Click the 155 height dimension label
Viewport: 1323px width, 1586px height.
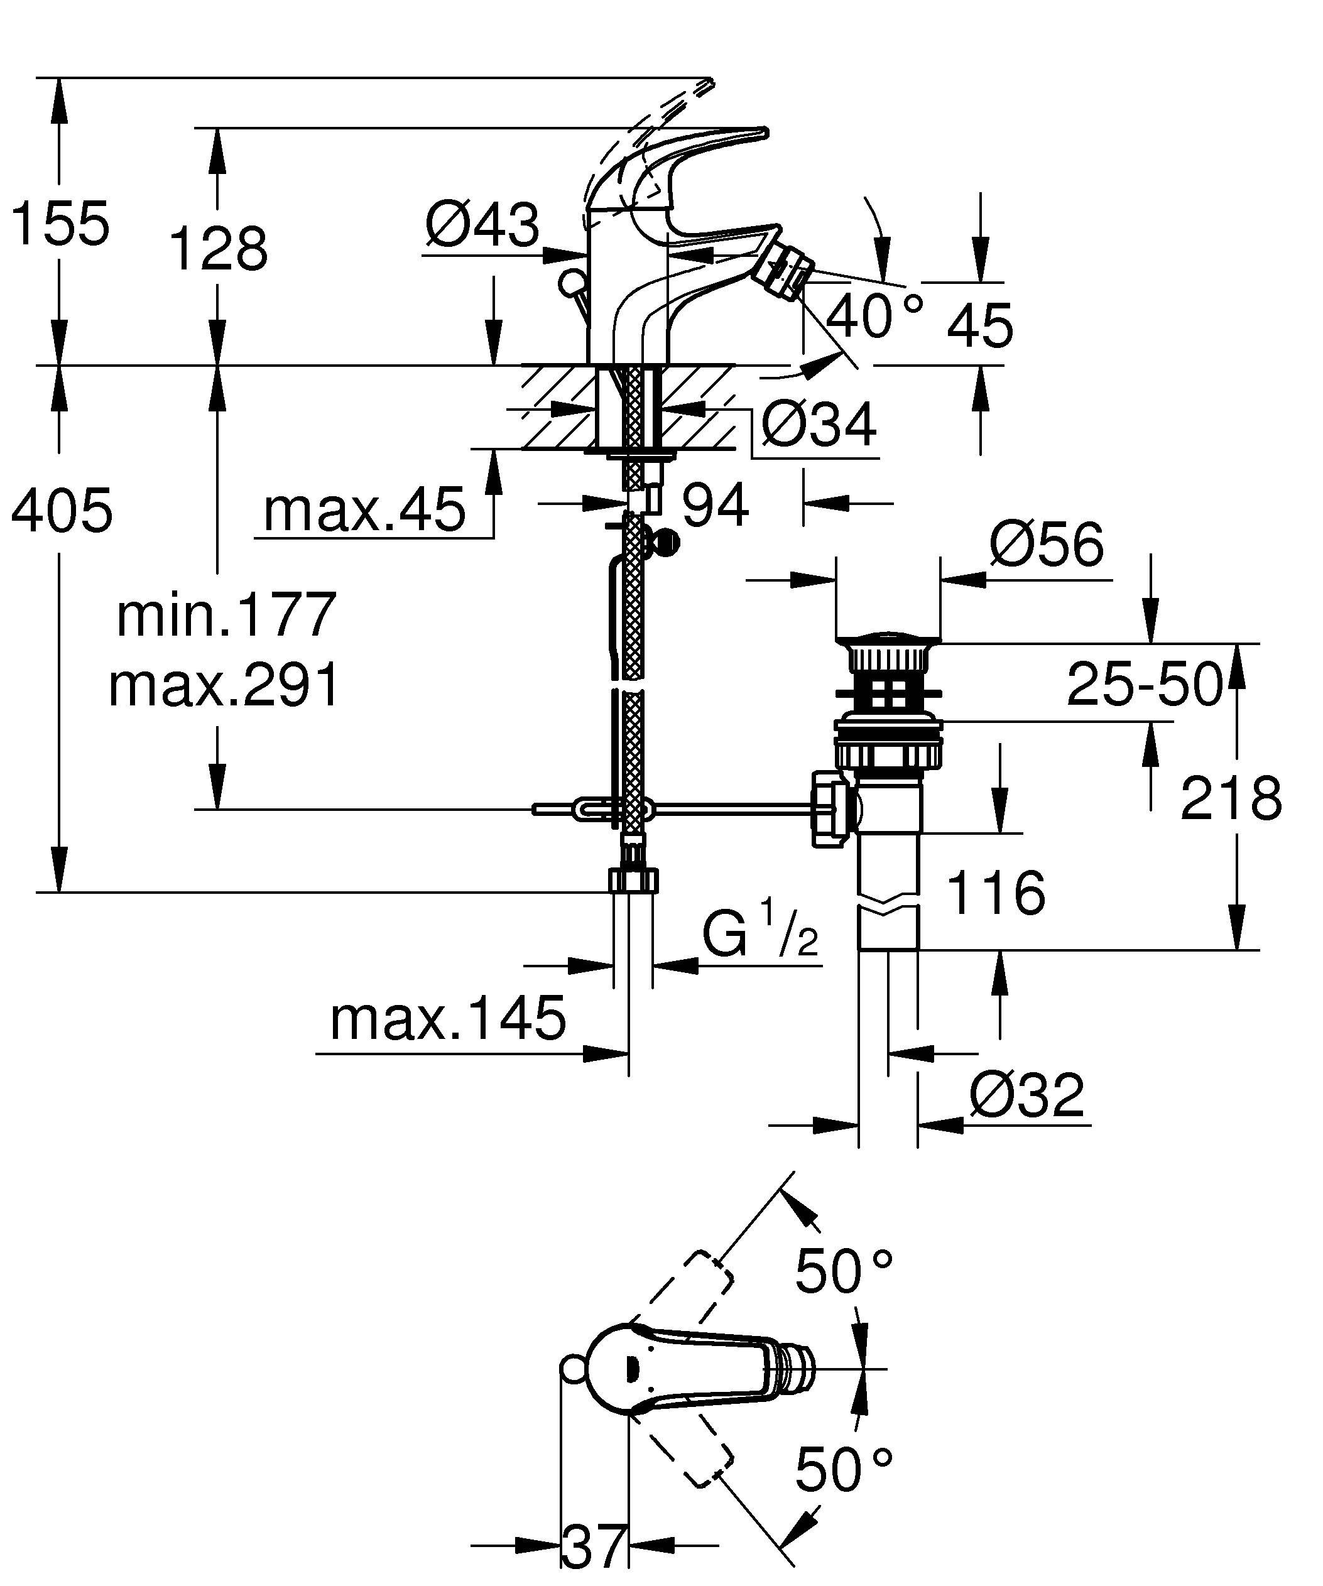60,224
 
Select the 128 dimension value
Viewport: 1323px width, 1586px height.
218,249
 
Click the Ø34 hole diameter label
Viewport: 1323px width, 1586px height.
819,425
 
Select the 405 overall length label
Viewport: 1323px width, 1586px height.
62,511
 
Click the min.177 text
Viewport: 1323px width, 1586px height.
226,615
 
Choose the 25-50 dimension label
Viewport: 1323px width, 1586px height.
1143,684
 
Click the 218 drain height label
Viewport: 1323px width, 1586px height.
1231,798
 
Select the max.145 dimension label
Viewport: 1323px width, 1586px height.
447,1019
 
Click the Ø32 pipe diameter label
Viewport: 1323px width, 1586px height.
1026,1095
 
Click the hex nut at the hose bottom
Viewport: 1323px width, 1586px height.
633,881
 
